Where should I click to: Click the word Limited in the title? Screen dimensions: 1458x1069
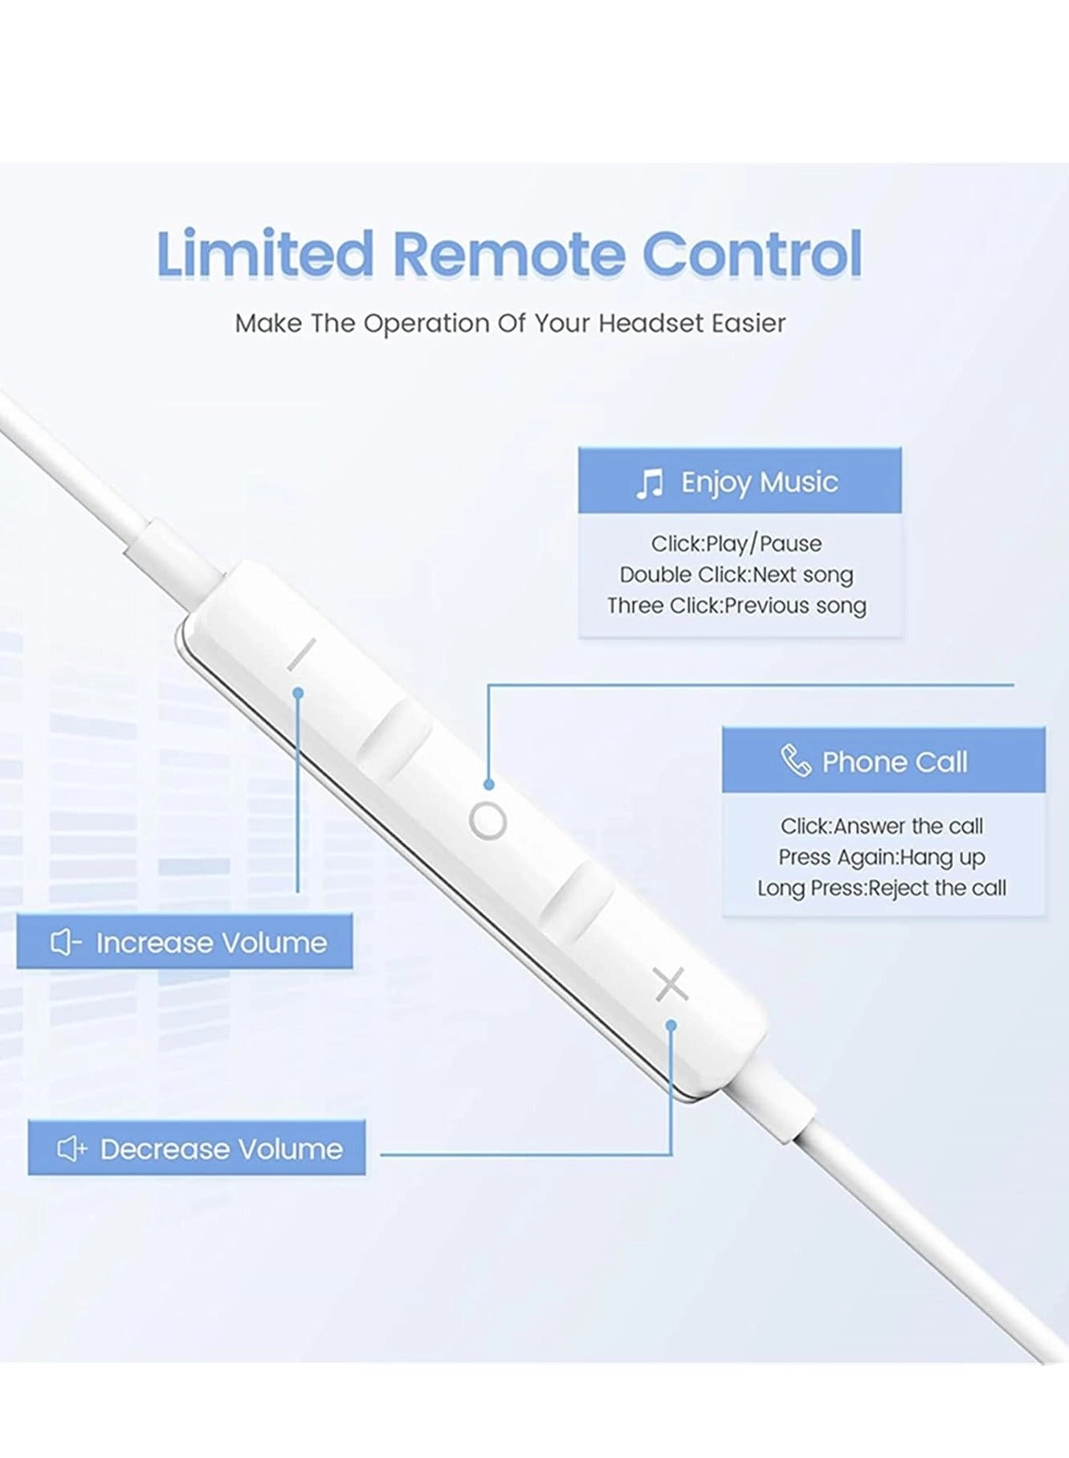click(265, 254)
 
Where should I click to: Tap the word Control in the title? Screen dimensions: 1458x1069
click(752, 254)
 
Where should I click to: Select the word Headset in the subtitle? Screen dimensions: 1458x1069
click(651, 323)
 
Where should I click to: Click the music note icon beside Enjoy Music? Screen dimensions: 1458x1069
click(649, 484)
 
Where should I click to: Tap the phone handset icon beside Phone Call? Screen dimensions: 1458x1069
click(795, 761)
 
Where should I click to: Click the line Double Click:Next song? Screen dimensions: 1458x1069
click(736, 574)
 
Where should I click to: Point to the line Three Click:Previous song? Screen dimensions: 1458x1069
click(736, 605)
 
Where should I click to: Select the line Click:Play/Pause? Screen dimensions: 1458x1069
click(736, 544)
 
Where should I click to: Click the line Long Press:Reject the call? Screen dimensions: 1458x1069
click(881, 888)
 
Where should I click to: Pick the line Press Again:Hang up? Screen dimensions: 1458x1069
click(881, 857)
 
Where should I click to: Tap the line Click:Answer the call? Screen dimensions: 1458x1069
click(881, 826)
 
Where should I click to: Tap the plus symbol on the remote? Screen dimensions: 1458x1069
click(671, 984)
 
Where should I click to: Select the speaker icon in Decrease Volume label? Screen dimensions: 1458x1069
click(71, 1149)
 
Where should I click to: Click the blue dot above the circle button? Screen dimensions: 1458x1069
click(488, 784)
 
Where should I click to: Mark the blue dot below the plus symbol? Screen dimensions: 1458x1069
click(671, 1025)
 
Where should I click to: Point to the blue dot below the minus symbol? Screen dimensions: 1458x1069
click(298, 692)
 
